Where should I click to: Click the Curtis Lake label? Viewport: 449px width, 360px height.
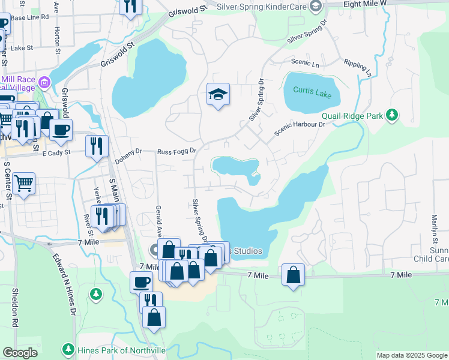coord(312,90)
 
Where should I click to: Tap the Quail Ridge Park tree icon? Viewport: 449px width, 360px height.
coord(392,114)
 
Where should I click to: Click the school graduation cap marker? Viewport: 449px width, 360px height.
coord(218,94)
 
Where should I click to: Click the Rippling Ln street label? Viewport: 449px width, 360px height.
coord(358,67)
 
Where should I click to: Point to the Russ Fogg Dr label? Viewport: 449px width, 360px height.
coord(177,152)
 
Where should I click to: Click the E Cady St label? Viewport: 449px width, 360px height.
coord(57,152)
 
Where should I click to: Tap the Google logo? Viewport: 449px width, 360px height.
coord(20,353)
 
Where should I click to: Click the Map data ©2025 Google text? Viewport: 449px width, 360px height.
coord(412,355)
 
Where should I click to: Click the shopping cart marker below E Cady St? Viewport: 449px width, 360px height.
coord(24,183)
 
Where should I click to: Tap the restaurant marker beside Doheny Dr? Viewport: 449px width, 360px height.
coord(97,146)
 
